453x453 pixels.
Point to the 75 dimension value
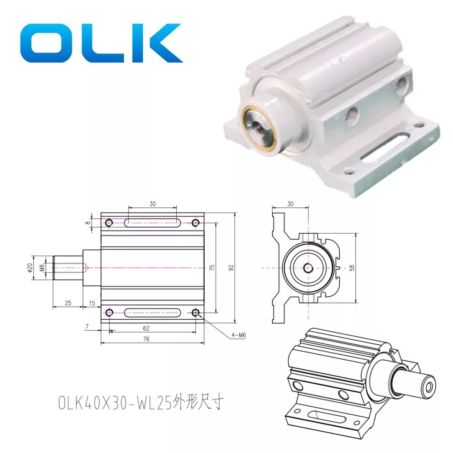(211, 267)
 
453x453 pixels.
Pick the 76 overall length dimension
(146, 338)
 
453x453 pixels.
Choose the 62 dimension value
(146, 328)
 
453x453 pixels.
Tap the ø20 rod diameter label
(30, 268)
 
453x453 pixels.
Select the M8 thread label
(42, 268)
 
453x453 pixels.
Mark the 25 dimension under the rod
(67, 303)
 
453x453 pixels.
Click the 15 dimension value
(92, 303)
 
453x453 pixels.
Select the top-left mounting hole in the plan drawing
(109, 223)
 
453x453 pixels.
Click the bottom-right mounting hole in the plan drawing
(196, 313)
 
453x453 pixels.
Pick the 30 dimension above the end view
(290, 204)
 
